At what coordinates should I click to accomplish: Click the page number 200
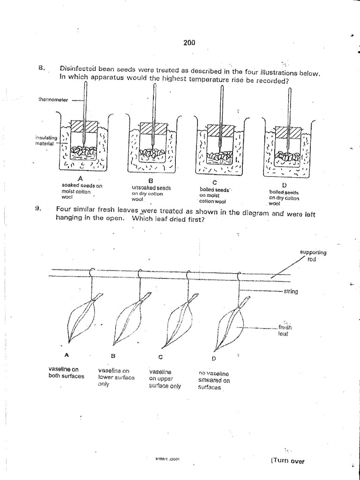pos(189,43)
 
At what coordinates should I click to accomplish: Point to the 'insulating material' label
pos(46,140)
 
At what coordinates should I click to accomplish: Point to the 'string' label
pos(291,292)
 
